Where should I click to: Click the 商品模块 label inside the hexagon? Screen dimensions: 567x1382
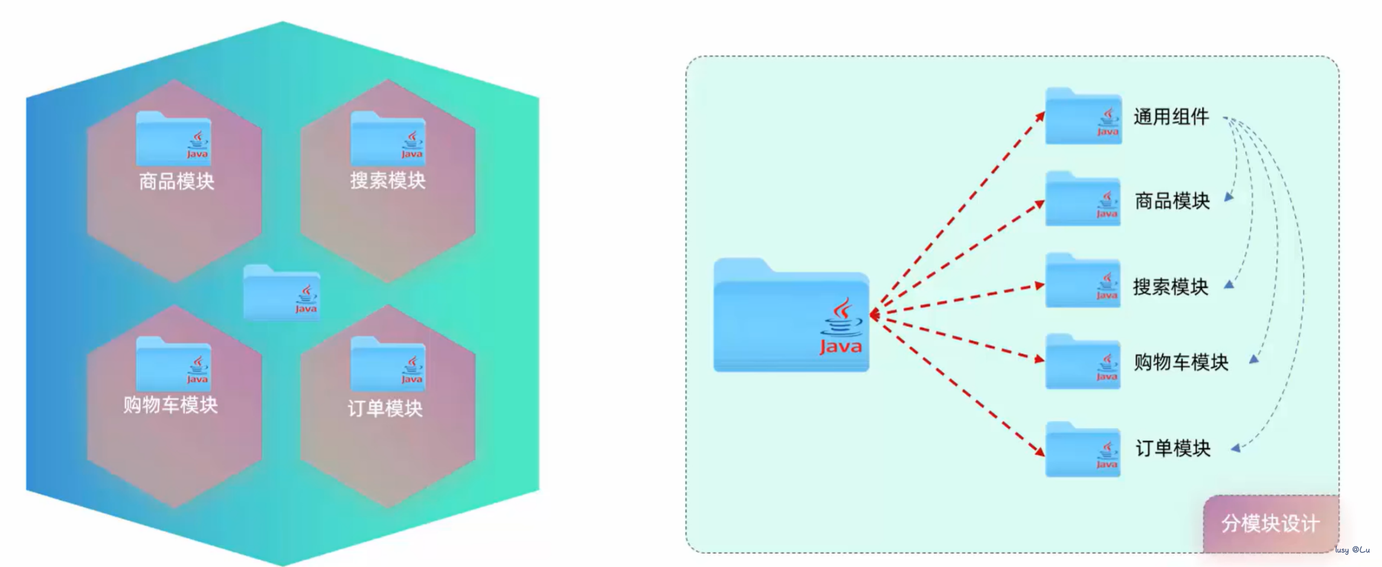coord(176,181)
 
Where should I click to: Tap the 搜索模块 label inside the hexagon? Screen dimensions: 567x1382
coord(388,180)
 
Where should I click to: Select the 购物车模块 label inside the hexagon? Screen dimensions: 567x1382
coord(170,404)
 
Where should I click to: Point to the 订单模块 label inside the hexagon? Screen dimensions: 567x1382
coord(385,409)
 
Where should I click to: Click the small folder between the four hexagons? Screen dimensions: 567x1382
coord(281,293)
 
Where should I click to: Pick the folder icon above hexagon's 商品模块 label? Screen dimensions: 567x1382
coord(173,138)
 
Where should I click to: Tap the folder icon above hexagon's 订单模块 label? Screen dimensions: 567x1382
coord(388,363)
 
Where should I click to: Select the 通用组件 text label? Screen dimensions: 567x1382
coord(1171,117)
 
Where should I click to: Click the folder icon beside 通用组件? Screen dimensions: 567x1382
coord(1084,117)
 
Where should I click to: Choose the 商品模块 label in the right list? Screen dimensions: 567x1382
coord(1172,201)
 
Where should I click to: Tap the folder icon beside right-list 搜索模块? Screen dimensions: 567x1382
coord(1083,281)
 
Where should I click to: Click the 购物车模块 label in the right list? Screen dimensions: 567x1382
coord(1180,362)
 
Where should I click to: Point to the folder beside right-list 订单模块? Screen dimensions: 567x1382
coord(1083,450)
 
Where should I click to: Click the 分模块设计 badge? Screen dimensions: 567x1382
coord(1270,523)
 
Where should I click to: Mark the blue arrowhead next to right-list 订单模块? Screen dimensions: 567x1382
coord(1236,448)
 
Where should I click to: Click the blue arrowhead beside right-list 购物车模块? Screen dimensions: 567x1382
coord(1254,360)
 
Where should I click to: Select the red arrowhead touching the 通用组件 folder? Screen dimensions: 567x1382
coord(1040,117)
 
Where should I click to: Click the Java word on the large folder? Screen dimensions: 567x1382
coord(840,347)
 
